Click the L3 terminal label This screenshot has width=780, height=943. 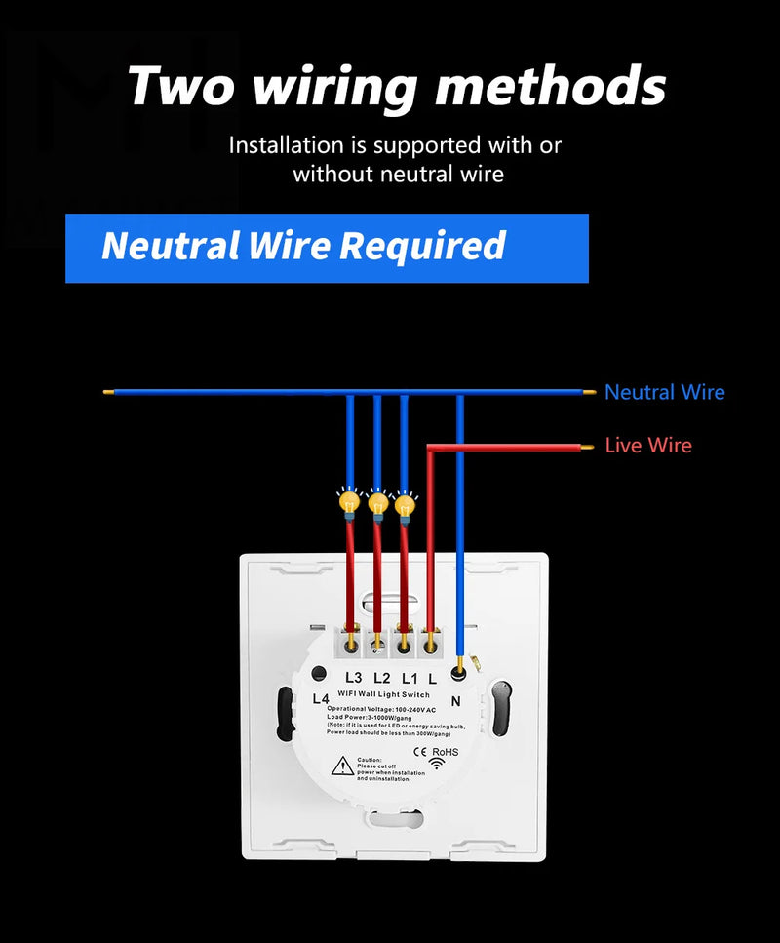coord(353,677)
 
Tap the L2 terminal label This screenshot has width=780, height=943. coord(380,677)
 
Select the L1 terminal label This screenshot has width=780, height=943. coord(408,677)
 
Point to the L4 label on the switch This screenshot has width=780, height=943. coord(321,698)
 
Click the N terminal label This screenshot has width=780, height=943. coord(454,699)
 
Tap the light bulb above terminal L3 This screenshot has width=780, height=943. coord(347,503)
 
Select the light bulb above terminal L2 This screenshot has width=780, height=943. coord(377,503)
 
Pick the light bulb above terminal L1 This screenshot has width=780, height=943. coord(405,503)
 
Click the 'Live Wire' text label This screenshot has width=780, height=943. coord(648,446)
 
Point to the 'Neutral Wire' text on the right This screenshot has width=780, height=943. coord(664,392)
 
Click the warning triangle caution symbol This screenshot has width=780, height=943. coord(343,766)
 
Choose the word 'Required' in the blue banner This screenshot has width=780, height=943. coord(422,247)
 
